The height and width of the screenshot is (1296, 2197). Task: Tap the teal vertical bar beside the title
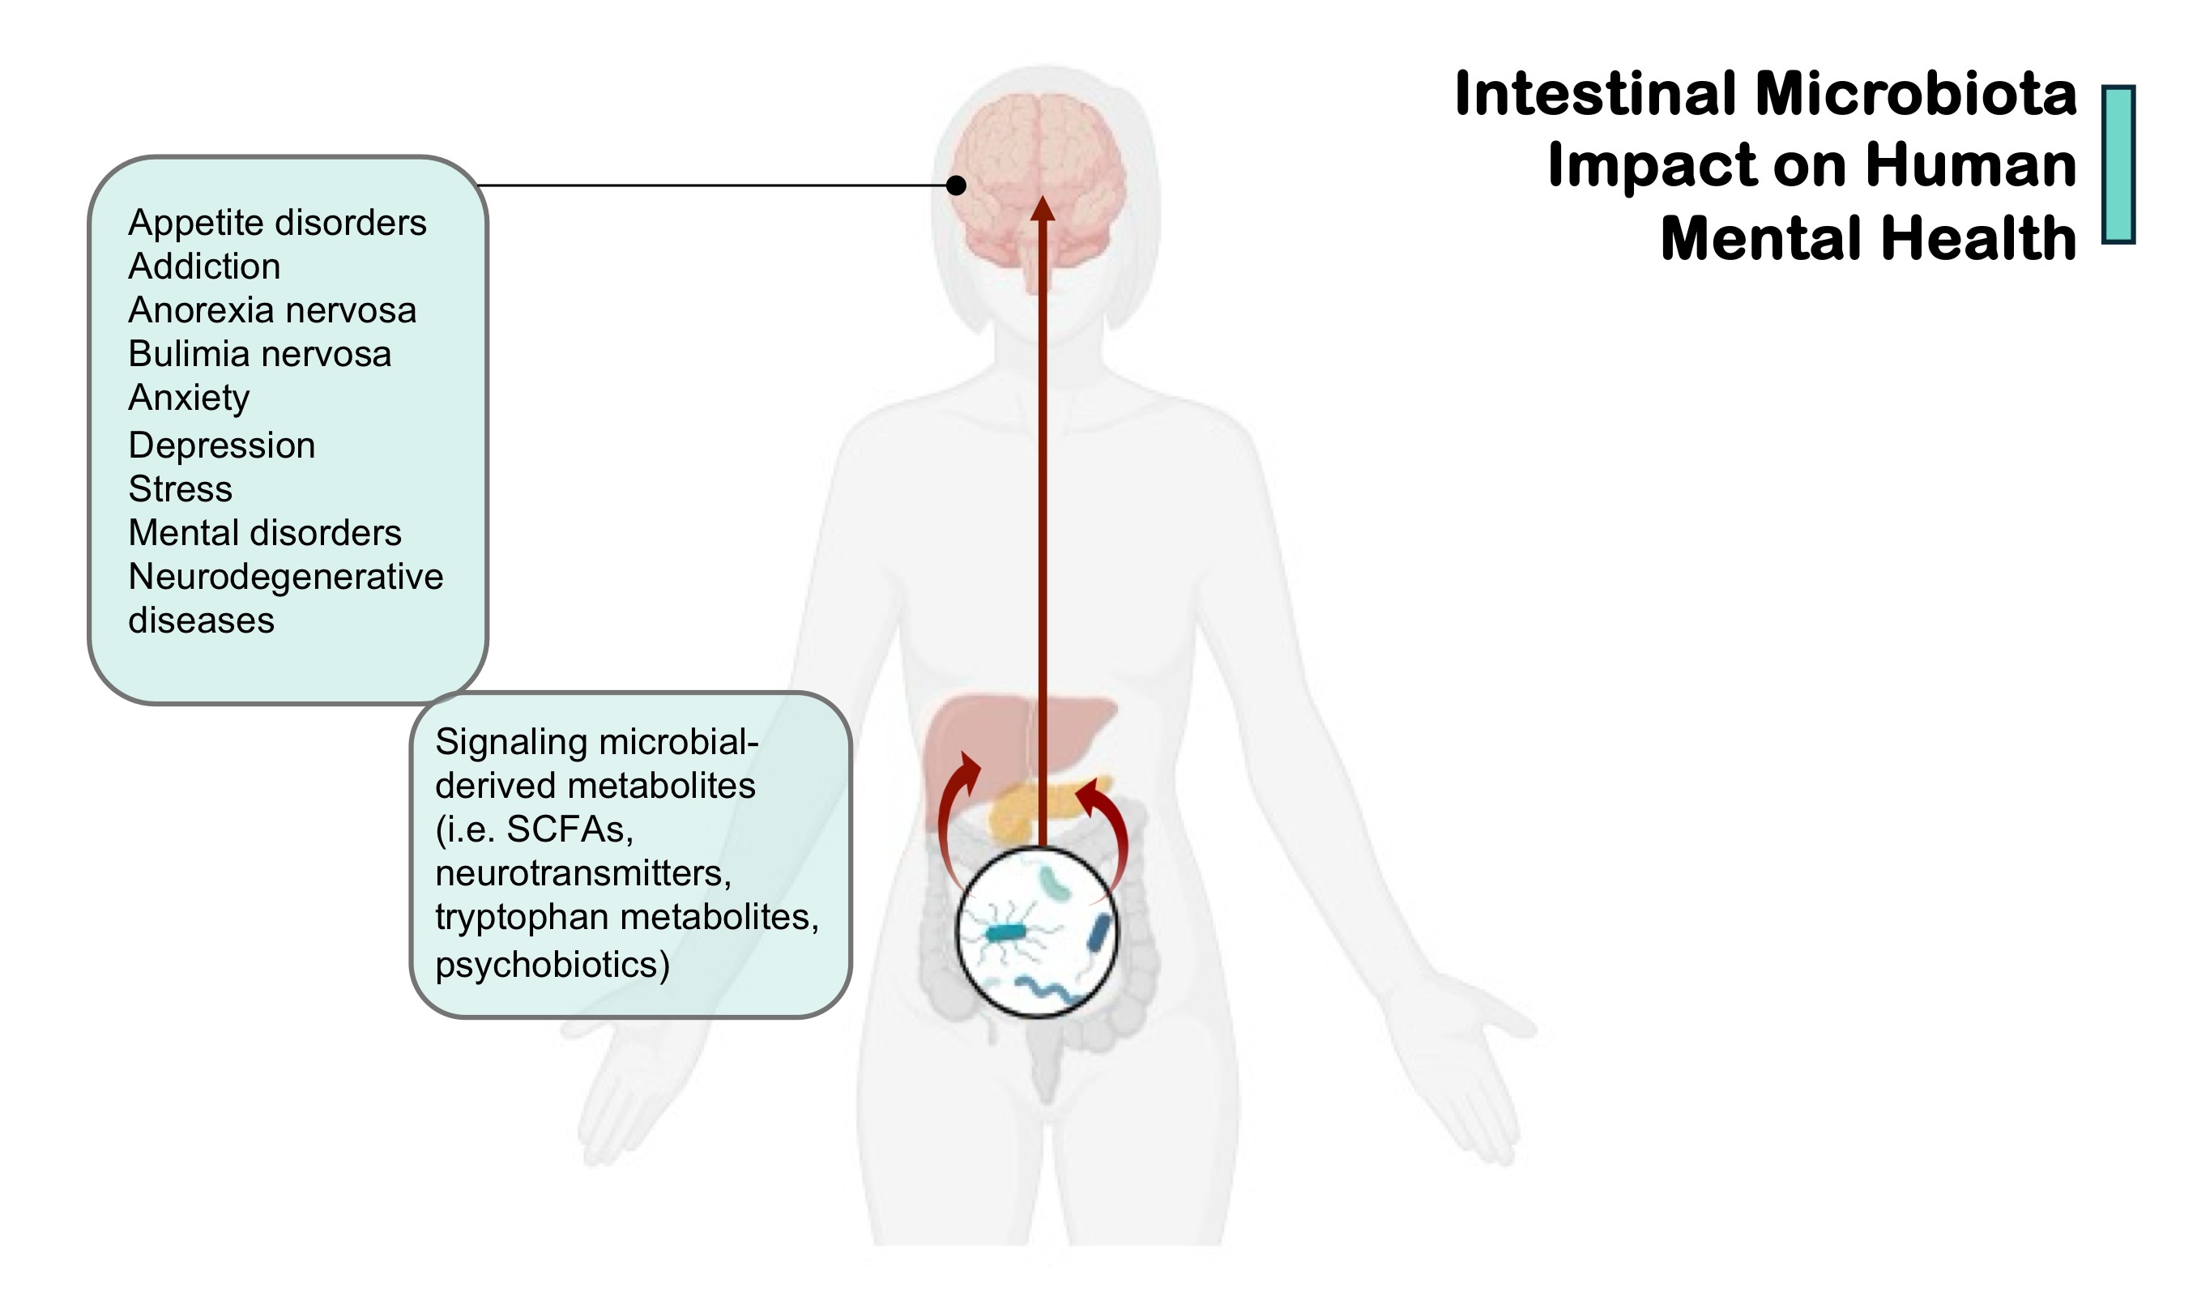point(2118,164)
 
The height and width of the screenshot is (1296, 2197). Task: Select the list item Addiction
point(204,266)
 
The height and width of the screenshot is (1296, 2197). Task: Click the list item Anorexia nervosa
point(272,310)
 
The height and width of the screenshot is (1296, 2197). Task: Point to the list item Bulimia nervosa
point(259,354)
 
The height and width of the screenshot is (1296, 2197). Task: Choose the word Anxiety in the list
point(189,399)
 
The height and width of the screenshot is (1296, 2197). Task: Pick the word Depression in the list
point(222,446)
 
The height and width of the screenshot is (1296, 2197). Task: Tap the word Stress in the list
point(181,489)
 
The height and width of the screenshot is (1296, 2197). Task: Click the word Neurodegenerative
point(285,577)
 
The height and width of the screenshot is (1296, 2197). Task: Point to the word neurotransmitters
point(582,872)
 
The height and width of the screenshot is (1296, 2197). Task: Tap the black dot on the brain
point(957,185)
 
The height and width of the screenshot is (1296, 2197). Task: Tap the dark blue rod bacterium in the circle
point(1100,932)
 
